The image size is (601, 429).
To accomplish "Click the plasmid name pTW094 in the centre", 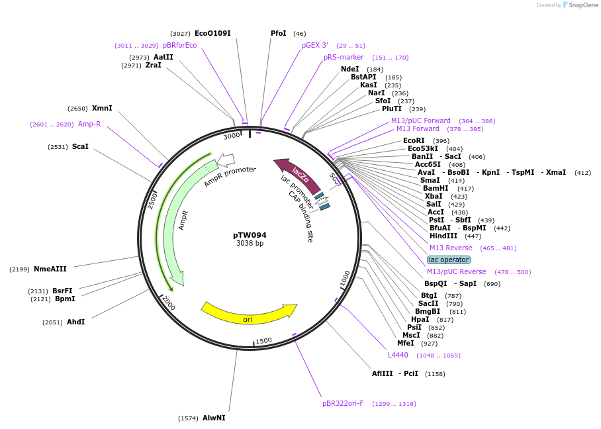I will click(250, 235).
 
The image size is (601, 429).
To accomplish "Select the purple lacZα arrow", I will click(297, 175).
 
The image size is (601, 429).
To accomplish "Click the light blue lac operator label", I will click(449, 260).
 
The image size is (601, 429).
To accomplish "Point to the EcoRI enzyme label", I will click(414, 140).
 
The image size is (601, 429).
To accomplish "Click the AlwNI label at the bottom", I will click(214, 418).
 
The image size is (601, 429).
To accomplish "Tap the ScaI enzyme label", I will click(80, 146).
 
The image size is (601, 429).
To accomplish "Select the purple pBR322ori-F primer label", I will click(343, 403).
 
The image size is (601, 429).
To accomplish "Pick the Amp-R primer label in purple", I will click(89, 124).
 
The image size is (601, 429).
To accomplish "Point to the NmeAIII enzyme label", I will click(50, 269).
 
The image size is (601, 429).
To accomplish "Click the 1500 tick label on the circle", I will click(263, 340).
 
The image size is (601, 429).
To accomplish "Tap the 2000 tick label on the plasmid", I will click(168, 304).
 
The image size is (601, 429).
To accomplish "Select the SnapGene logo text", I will click(583, 5).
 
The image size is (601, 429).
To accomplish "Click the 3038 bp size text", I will click(250, 244).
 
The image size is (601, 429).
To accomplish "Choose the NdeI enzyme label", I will click(349, 69).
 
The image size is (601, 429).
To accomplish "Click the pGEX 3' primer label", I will click(315, 45).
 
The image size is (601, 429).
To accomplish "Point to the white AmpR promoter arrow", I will click(226, 160).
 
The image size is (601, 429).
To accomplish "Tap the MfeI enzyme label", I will click(405, 343).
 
